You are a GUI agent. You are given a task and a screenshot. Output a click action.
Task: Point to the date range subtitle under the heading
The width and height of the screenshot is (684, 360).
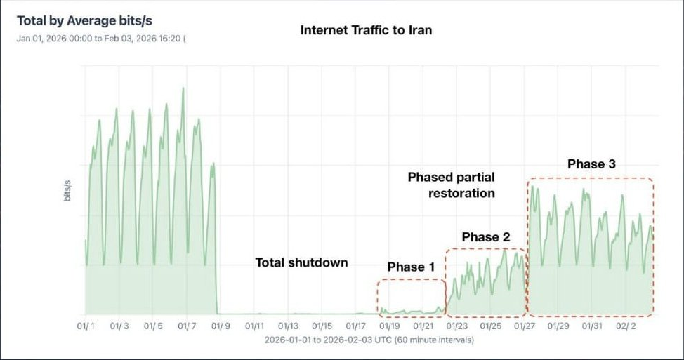101,38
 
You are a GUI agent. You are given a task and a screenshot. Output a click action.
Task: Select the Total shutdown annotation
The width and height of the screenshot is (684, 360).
301,262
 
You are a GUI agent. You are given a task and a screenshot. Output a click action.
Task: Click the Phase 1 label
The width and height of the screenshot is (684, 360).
411,267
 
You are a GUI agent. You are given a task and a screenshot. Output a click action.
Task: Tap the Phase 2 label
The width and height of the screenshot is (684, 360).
485,237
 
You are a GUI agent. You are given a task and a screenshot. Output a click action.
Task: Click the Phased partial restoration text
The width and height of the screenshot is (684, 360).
452,185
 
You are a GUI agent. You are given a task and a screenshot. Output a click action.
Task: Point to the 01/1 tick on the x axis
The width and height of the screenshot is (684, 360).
86,326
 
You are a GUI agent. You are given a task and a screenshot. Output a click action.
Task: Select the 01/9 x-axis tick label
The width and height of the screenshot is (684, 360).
221,326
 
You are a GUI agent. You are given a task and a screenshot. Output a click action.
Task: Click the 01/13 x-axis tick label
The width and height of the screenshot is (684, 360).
288,326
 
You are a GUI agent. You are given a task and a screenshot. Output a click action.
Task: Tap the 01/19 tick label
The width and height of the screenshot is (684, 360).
389,326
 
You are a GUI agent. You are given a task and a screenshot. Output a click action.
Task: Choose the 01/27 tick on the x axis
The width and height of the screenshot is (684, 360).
524,326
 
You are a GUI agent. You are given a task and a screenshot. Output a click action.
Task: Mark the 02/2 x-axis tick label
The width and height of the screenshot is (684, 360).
625,326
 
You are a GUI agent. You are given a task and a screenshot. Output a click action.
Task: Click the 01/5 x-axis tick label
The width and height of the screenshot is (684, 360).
153,326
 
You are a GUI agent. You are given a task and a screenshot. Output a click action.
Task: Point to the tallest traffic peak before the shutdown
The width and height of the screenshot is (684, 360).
183,89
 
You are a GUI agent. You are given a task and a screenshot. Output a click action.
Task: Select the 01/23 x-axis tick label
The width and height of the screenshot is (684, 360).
456,326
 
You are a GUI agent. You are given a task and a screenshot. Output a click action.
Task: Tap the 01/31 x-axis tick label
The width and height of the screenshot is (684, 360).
591,326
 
